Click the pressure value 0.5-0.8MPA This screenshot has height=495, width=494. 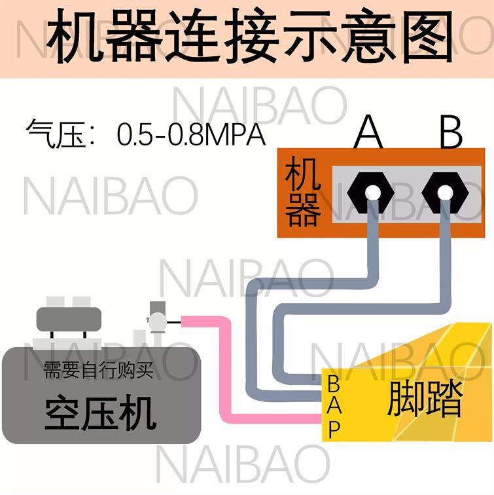coord(191,136)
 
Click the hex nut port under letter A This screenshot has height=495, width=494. coord(370,192)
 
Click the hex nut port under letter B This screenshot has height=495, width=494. coord(445,192)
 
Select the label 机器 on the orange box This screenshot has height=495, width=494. coord(303,194)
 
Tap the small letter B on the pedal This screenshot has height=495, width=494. coord(333,382)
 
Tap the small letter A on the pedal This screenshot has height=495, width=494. coord(334,405)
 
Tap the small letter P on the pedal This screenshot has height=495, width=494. coord(334,429)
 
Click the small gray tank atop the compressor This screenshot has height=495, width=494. coord(69,319)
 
